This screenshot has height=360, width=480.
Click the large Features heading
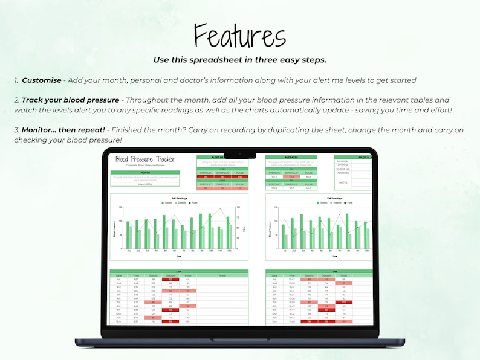click(x=240, y=36)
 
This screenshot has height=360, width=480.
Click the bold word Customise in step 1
click(x=42, y=80)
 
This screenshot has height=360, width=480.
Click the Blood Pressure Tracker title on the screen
click(x=144, y=159)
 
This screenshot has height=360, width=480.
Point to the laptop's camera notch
click(x=240, y=152)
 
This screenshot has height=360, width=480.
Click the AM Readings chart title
click(x=178, y=198)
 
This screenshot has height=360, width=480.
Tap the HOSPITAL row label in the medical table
click(x=343, y=161)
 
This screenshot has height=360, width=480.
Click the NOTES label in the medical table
click(x=343, y=182)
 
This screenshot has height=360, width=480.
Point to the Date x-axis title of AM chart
click(x=178, y=256)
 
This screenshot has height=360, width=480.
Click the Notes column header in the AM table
click(x=222, y=275)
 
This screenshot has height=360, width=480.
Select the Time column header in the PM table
click(x=291, y=275)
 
